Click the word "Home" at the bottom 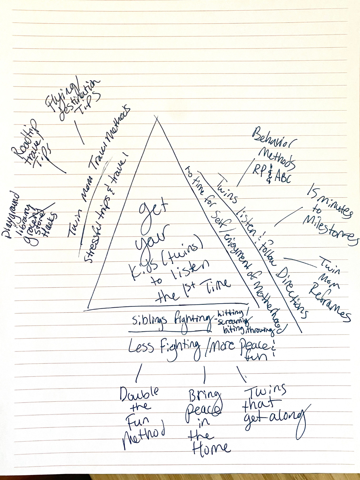point(211,449)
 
